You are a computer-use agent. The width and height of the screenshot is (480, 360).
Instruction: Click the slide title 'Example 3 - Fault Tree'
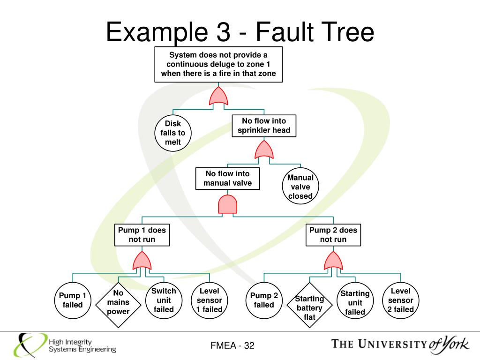pos(240,33)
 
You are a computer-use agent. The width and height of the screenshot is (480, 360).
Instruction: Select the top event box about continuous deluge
pos(218,64)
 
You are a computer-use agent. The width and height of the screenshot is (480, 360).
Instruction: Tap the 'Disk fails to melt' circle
pos(172,133)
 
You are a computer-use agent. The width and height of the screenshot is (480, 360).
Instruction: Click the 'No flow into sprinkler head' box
pos(264,126)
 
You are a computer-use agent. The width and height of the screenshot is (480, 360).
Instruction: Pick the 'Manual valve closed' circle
pos(300,187)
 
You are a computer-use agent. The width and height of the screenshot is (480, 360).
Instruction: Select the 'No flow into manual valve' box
pos(227,179)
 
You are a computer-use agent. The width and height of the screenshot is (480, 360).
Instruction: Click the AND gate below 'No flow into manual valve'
pos(228,204)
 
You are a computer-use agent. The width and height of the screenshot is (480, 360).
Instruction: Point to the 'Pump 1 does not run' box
pos(142,235)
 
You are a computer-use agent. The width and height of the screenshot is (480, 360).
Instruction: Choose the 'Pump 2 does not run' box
pos(333,235)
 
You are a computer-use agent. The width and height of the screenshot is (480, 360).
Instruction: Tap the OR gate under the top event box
pos(218,96)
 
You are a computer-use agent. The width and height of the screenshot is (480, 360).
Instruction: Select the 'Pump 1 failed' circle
pos(72,300)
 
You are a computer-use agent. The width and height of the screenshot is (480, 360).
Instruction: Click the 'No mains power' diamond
pos(118,302)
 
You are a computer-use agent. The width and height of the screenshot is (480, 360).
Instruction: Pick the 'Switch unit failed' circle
pos(164,300)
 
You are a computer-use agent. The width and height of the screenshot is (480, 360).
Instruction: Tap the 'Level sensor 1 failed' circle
pos(209,300)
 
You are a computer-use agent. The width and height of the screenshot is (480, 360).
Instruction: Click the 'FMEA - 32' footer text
pos(232,345)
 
